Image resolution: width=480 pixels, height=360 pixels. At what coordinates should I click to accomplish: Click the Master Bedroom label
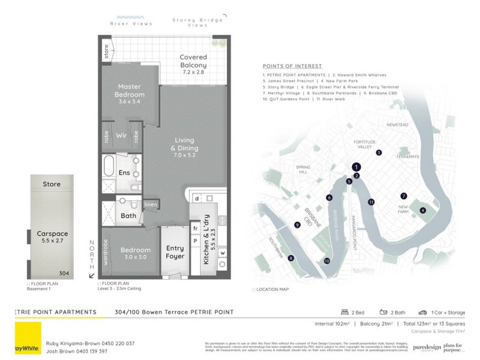pos(130,94)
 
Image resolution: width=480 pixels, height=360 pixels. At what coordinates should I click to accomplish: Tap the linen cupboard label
pos(151,205)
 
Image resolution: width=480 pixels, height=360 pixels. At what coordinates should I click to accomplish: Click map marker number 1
pos(356,167)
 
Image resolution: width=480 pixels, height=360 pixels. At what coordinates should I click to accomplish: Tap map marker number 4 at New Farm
pos(422,211)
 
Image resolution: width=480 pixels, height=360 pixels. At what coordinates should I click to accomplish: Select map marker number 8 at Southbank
pos(291,259)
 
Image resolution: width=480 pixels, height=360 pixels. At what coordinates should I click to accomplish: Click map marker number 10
pos(327,260)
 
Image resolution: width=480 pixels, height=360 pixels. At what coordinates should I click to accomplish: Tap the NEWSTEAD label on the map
pos(397,125)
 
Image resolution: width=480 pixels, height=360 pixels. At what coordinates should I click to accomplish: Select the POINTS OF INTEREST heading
pos(292,66)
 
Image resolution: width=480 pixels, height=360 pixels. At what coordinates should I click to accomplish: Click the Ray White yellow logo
pos(26,339)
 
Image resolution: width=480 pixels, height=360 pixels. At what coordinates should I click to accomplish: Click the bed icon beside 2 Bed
pos(344,313)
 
